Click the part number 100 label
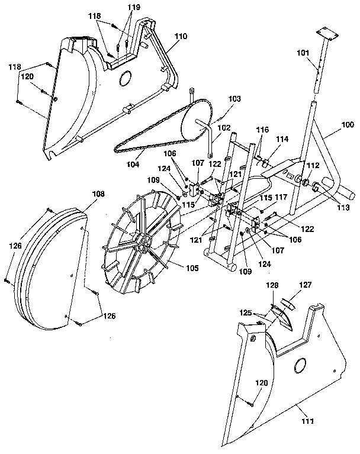point(348,125)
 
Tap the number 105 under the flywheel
point(192,268)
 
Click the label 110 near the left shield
point(180,36)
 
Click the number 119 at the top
point(134,8)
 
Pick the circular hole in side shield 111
point(300,366)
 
